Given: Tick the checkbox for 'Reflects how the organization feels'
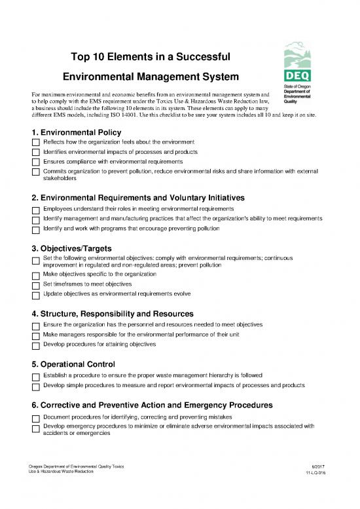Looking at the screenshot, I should [x=35, y=142].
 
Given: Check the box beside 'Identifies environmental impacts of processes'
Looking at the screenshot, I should [x=35, y=152].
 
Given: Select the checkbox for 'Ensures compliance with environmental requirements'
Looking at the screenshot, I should [x=35, y=162].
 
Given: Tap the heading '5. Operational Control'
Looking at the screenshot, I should [x=73, y=364].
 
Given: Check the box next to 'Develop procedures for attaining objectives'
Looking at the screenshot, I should [x=35, y=345].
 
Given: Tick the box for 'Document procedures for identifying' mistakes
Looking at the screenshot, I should [x=35, y=417].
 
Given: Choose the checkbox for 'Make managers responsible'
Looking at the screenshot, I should [x=35, y=335].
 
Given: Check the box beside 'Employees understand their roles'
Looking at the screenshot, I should [x=35, y=209].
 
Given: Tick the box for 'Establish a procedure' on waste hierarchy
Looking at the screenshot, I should [x=35, y=376].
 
